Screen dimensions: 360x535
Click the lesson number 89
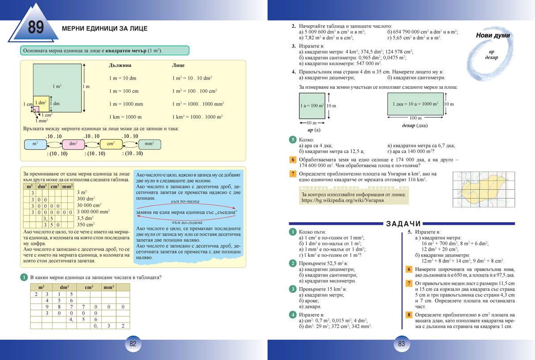point(36,28)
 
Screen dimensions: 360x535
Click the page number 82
point(132,344)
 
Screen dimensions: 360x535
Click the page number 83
point(401,344)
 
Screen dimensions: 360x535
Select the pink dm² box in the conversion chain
point(74,144)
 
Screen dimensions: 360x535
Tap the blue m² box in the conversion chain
point(35,144)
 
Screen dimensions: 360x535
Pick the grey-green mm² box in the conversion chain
point(149,144)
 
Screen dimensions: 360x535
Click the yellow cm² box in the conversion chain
point(111,144)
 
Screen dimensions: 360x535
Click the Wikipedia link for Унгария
point(343,200)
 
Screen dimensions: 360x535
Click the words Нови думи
point(493,36)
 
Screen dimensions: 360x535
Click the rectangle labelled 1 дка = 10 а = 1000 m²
point(415,104)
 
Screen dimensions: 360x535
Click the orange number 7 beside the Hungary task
point(293,174)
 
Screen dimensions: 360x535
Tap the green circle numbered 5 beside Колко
point(293,140)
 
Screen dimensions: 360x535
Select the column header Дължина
point(120,65)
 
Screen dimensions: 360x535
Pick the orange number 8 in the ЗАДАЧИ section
point(409,315)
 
